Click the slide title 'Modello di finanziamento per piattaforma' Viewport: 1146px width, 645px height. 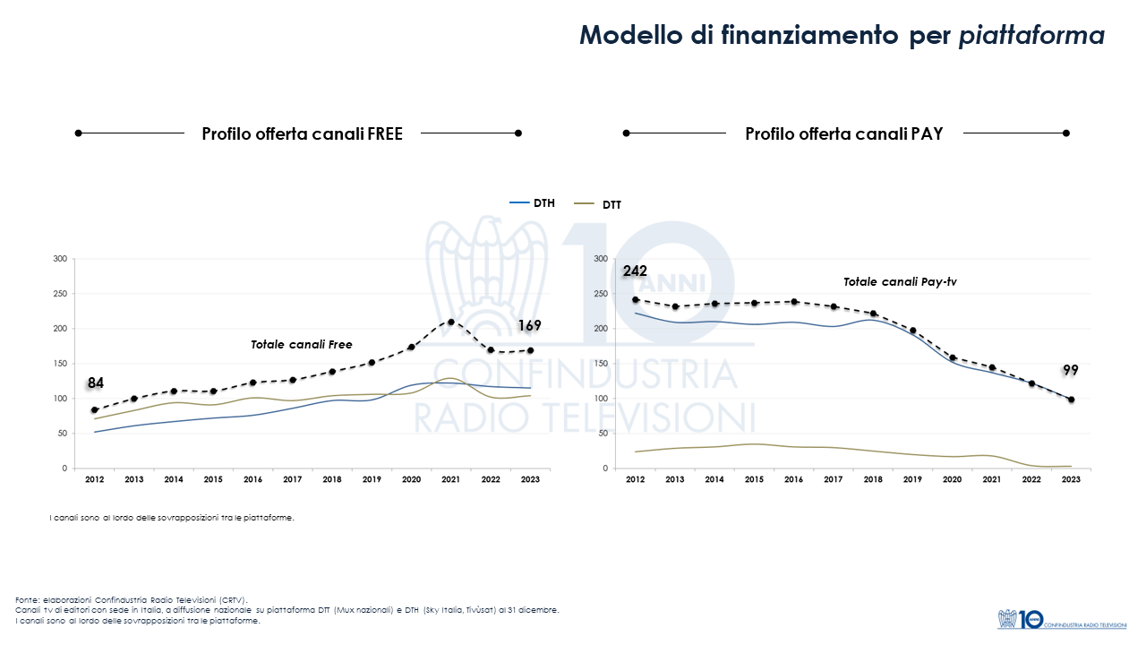(x=842, y=35)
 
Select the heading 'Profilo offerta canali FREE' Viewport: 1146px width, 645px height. (x=302, y=133)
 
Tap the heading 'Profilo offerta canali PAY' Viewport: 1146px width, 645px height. (x=843, y=133)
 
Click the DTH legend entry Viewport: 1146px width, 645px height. (x=533, y=203)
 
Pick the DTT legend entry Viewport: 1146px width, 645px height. (x=601, y=205)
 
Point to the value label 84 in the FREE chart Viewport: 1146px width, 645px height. (x=96, y=383)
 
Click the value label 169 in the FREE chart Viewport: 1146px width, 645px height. (x=530, y=326)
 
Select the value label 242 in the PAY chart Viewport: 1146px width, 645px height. (x=635, y=271)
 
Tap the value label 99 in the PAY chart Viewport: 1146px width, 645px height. (x=1071, y=370)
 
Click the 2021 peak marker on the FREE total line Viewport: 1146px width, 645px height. (x=450, y=322)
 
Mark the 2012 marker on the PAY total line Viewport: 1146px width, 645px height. (x=636, y=299)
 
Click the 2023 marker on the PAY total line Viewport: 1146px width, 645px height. (x=1071, y=400)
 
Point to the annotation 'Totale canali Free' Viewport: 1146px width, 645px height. (x=301, y=344)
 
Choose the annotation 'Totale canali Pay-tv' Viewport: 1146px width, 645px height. (x=900, y=282)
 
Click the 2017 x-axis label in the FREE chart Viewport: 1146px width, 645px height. (x=293, y=480)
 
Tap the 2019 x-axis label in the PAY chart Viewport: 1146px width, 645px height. (x=912, y=480)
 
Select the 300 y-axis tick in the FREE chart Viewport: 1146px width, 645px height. (x=61, y=259)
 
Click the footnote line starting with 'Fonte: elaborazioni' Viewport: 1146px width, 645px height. (x=131, y=599)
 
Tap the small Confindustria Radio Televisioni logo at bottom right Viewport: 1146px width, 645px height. (x=1062, y=618)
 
